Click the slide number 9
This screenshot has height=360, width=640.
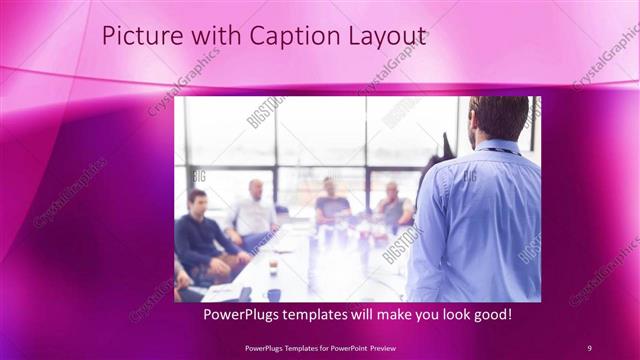[x=589, y=347]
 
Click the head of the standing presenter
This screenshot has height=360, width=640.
[x=498, y=118]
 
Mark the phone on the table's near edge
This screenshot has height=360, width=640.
[x=244, y=294]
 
